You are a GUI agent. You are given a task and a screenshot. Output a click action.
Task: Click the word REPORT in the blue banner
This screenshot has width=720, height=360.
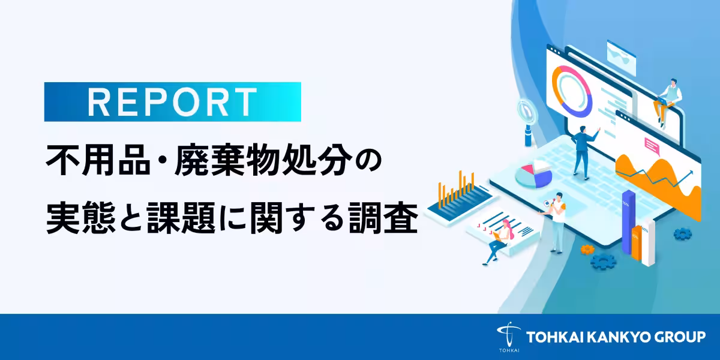tap(172, 102)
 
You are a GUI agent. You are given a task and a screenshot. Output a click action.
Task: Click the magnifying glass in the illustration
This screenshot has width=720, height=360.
tap(526, 114)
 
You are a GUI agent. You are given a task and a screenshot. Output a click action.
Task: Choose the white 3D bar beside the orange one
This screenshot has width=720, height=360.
tap(649, 243)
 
